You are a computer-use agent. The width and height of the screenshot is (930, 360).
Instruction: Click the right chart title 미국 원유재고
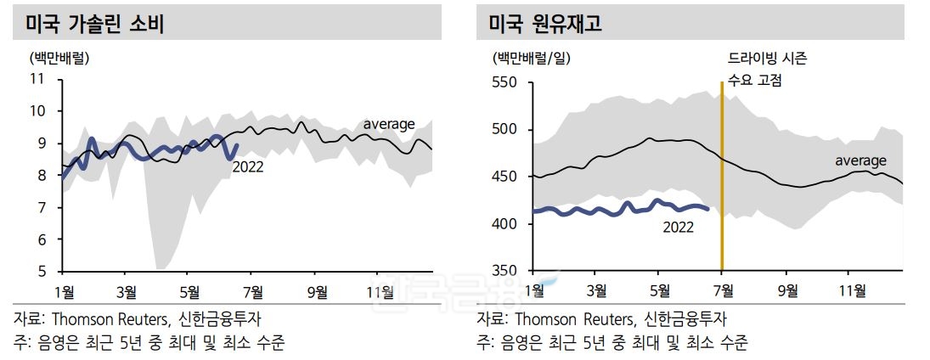(x=544, y=24)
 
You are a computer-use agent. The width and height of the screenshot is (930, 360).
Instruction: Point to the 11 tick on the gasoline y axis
(x=37, y=79)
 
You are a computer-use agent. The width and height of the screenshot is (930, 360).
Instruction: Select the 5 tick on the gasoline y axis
(x=40, y=272)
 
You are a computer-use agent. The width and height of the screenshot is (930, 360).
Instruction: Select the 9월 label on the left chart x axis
(x=316, y=291)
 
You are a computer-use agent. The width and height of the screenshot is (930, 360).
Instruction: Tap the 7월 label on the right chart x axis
(x=722, y=291)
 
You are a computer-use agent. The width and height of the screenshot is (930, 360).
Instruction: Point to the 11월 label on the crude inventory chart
(x=853, y=291)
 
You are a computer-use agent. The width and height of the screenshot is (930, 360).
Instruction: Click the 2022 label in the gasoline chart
(x=247, y=167)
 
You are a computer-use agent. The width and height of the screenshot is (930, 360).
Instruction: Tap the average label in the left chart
(x=389, y=125)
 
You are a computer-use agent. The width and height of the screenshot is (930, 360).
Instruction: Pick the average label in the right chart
(x=860, y=160)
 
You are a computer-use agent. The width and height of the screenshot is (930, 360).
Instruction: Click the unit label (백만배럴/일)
(x=531, y=59)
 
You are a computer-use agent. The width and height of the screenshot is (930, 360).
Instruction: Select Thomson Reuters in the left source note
(x=108, y=320)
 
